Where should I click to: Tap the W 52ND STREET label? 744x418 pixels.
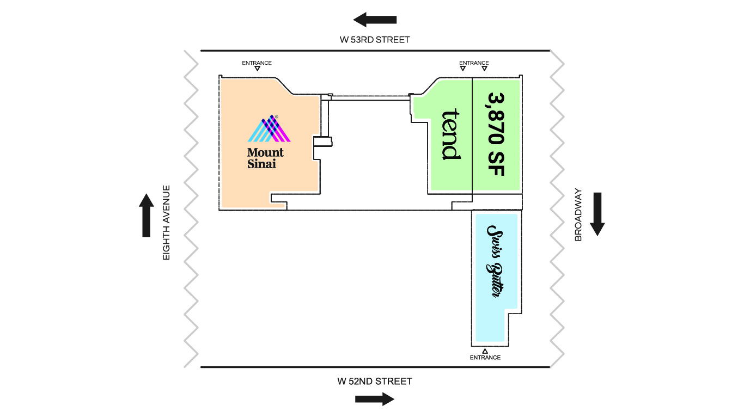pos(375,382)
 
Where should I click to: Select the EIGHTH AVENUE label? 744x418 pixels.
pos(167,223)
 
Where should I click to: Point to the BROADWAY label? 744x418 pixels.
pos(578,214)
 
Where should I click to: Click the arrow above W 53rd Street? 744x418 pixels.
pos(375,20)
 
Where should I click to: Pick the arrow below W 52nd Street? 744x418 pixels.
pos(375,399)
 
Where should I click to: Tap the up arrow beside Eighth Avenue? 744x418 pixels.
pos(146,215)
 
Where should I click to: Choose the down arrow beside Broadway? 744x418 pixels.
pos(597,214)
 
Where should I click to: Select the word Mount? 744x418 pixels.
pos(265,152)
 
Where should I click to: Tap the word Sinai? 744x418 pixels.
pos(262,164)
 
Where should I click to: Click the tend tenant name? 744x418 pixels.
pos(450,134)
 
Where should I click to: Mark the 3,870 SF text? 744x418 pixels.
pos(497,134)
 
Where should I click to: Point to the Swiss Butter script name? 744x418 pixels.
pos(495,261)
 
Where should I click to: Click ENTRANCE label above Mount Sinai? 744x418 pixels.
pos(257,63)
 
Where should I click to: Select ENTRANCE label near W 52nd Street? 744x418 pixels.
pos(485,358)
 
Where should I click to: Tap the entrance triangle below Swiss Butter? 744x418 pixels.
pos(485,351)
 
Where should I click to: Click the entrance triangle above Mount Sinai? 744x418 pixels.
pos(257,69)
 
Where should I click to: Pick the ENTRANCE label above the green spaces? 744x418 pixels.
pos(474,63)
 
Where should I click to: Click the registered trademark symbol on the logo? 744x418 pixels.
pos(276,116)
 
